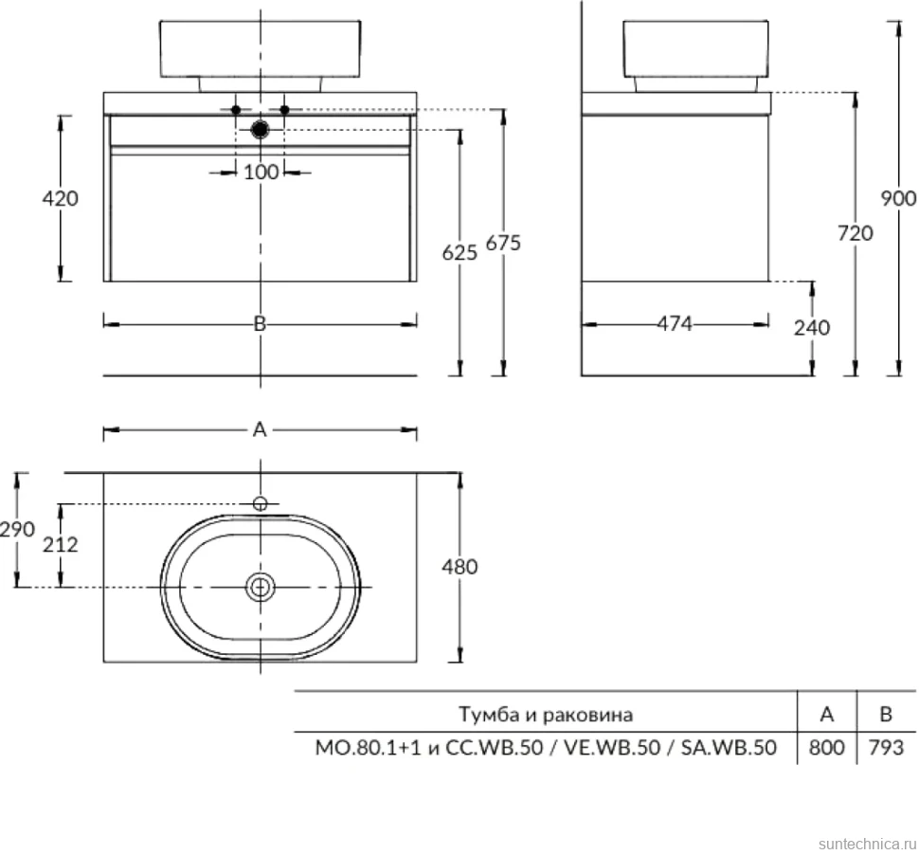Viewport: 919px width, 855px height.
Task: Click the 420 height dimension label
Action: pyautogui.click(x=60, y=198)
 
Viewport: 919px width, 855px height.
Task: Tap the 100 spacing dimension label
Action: pyautogui.click(x=261, y=172)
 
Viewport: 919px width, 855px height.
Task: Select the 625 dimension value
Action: pyautogui.click(x=459, y=253)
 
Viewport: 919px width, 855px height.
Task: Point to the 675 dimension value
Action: pyautogui.click(x=503, y=243)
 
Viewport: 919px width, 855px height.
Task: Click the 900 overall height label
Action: pyautogui.click(x=899, y=198)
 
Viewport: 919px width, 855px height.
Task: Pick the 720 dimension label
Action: pyautogui.click(x=856, y=233)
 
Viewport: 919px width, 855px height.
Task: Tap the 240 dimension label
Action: pyautogui.click(x=812, y=327)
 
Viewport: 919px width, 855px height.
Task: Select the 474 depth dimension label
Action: pyautogui.click(x=674, y=323)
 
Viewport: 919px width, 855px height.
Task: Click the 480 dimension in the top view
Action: pyautogui.click(x=459, y=567)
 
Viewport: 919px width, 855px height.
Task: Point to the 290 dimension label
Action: pyautogui.click(x=18, y=529)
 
